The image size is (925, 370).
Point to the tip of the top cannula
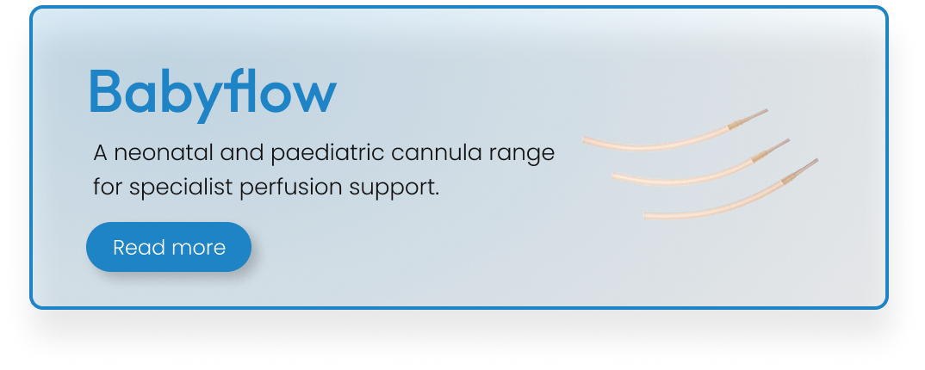[767, 110]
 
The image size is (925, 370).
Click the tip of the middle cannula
[789, 140]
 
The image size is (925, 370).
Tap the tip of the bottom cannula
[817, 160]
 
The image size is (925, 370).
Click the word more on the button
[197, 248]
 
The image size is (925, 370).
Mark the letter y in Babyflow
[211, 102]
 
